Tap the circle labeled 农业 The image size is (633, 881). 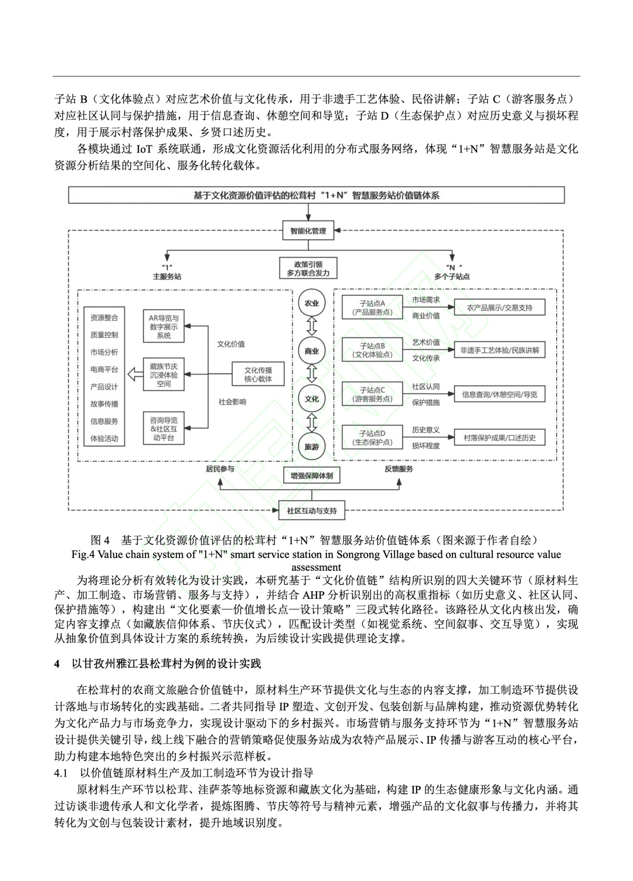[311, 303]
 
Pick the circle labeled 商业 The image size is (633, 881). [311, 351]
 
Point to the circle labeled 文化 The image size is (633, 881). [311, 399]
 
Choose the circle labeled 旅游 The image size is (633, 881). [311, 446]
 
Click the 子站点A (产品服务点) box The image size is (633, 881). [372, 308]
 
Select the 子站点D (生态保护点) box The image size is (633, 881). [372, 438]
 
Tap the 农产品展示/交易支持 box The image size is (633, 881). [499, 307]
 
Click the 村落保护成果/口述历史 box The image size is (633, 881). [499, 438]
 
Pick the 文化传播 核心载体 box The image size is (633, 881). [258, 374]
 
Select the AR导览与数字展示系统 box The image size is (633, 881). [164, 327]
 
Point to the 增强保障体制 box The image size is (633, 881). [311, 476]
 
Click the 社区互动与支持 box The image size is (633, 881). [311, 510]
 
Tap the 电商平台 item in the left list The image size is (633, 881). [104, 370]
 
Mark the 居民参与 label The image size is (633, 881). [220, 469]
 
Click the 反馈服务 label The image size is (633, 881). [399, 469]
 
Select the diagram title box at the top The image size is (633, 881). [316, 195]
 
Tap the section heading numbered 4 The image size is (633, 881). [158, 663]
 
